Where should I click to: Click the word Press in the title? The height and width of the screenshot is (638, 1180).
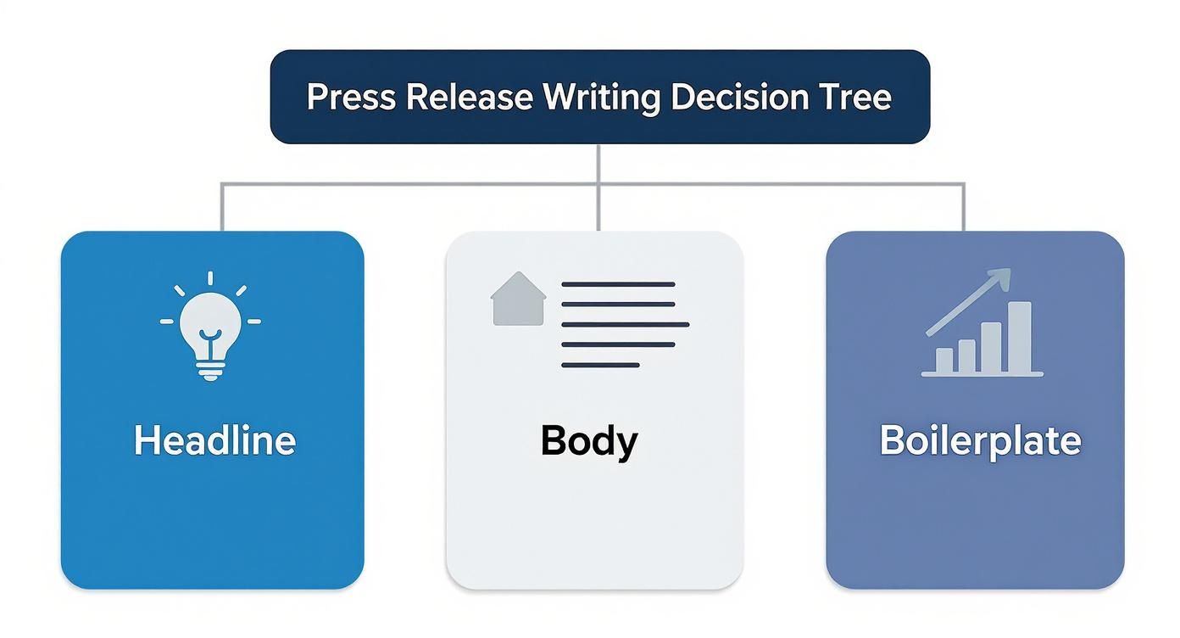coord(351,97)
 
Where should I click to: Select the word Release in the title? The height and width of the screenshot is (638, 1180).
coord(469,97)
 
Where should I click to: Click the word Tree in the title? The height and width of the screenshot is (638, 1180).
coord(854,97)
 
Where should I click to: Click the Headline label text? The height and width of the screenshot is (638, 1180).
coord(214,441)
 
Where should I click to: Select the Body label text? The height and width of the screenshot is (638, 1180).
coord(589,441)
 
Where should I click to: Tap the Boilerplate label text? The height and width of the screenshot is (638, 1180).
coord(980,441)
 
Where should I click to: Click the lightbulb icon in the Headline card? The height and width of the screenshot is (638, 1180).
coord(210,327)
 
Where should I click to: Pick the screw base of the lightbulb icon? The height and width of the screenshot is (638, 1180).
coord(210,369)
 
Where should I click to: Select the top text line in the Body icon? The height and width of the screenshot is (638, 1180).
coord(618,283)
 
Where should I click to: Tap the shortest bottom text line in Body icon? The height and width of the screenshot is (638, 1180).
coord(600,365)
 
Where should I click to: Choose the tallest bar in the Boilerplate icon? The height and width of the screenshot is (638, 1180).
coord(1020,337)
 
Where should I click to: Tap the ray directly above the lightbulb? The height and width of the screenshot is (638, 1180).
coord(210,279)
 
